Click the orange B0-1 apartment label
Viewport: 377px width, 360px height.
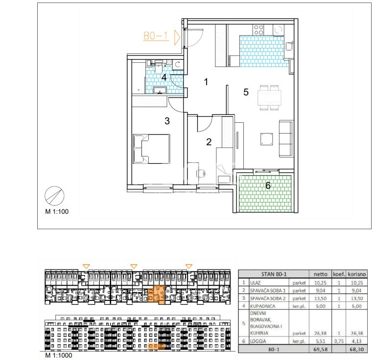pyautogui.click(x=156, y=36)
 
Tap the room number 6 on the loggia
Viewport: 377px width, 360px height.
pyautogui.click(x=268, y=185)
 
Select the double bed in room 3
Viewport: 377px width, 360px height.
pyautogui.click(x=151, y=149)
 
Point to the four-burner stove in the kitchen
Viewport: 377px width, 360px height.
pyautogui.click(x=259, y=30)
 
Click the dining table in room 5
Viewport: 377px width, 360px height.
pyautogui.click(x=269, y=97)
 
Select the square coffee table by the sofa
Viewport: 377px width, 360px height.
pyautogui.click(x=267, y=139)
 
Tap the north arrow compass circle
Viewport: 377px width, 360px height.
pyautogui.click(x=54, y=196)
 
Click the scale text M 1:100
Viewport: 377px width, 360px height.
pyautogui.click(x=57, y=212)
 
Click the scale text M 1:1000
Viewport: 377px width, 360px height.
pyautogui.click(x=58, y=355)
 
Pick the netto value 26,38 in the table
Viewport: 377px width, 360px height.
pyautogui.click(x=320, y=333)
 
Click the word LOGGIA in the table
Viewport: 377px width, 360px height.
pyautogui.click(x=258, y=341)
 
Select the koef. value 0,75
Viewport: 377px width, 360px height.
pyautogui.click(x=339, y=341)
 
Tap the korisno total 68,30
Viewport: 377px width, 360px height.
pyautogui.click(x=356, y=349)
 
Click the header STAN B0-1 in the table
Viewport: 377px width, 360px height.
pyautogui.click(x=274, y=274)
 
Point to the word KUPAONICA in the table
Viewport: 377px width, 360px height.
pyautogui.click(x=262, y=306)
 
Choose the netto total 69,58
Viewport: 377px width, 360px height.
pyautogui.click(x=320, y=349)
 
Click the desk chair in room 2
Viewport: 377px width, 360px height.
pyautogui.click(x=201, y=173)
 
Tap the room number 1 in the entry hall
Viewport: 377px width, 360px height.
pyautogui.click(x=206, y=82)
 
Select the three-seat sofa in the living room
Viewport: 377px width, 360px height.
pyautogui.click(x=286, y=139)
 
